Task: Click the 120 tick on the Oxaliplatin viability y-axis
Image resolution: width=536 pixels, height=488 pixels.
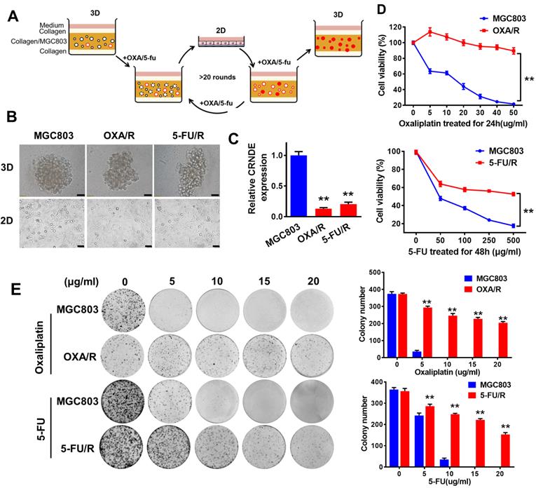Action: click(396, 27)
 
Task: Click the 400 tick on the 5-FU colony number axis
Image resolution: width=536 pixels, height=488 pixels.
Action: click(377, 382)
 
